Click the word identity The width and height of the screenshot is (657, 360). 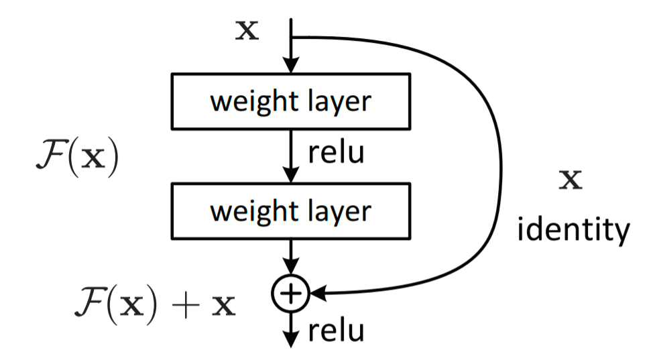click(574, 230)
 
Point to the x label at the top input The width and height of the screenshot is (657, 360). click(247, 31)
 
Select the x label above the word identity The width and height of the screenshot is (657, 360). click(571, 180)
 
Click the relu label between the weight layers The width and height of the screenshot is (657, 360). click(336, 152)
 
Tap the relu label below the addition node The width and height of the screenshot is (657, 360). click(336, 331)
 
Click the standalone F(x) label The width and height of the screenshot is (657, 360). click(78, 158)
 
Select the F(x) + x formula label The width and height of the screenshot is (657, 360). click(155, 304)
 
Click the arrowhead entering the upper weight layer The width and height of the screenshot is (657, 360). click(291, 65)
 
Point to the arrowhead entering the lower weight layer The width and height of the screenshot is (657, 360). click(291, 174)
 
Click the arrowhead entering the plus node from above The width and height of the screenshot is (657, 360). click(291, 267)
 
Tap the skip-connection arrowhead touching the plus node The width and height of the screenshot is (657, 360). click(317, 294)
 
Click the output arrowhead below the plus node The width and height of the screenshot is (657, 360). click(291, 339)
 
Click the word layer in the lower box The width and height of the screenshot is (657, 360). click(340, 211)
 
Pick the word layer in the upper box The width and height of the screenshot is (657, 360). click(340, 102)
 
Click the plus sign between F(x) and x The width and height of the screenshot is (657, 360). click(185, 306)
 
